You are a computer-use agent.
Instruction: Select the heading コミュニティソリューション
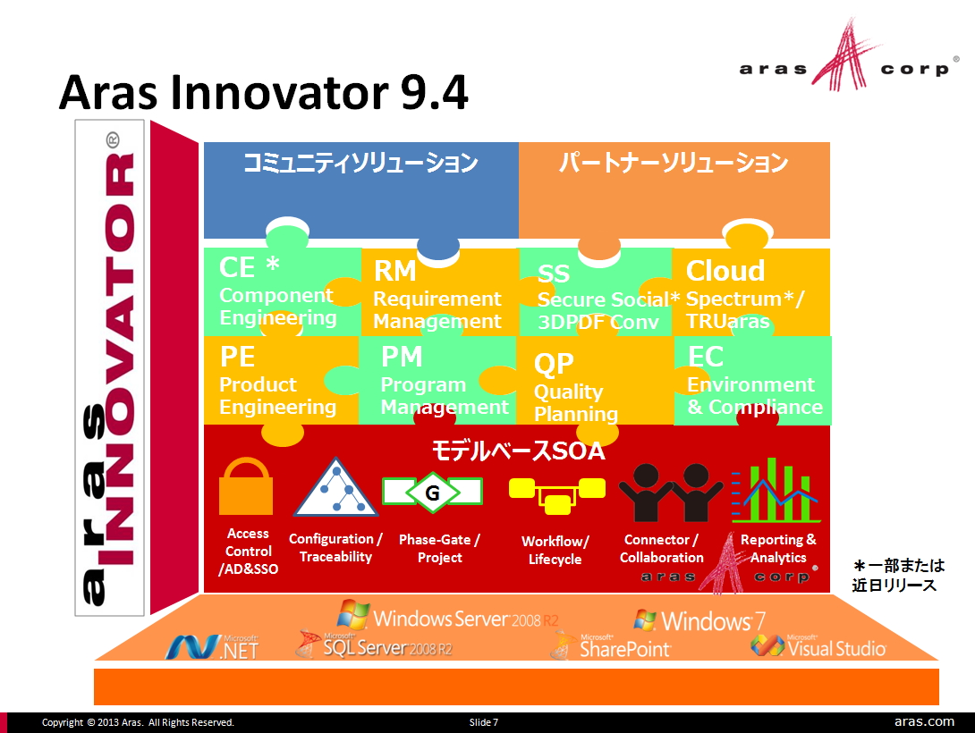pyautogui.click(x=360, y=164)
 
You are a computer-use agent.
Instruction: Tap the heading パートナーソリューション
pyautogui.click(x=674, y=164)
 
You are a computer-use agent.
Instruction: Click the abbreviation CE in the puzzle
pyautogui.click(x=237, y=266)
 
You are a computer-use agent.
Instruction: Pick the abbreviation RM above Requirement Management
pyautogui.click(x=395, y=271)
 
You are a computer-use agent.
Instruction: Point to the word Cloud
pyautogui.click(x=725, y=271)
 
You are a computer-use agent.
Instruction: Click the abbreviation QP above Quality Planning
pyautogui.click(x=554, y=364)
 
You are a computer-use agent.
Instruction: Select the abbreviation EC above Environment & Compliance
pyautogui.click(x=705, y=357)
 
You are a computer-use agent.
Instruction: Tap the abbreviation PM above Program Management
pyautogui.click(x=402, y=357)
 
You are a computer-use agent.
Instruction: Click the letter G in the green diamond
pyautogui.click(x=432, y=493)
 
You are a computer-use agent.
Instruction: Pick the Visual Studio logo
pyautogui.click(x=818, y=646)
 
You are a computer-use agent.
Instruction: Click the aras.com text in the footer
pyautogui.click(x=924, y=721)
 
